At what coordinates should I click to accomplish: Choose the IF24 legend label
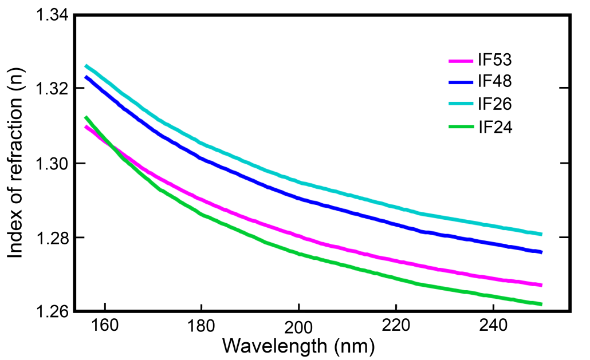point(495,126)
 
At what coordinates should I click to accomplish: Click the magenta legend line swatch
point(461,60)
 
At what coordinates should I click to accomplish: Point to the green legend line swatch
point(461,127)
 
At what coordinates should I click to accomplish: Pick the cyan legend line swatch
point(461,105)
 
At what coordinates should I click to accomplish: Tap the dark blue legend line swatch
point(461,82)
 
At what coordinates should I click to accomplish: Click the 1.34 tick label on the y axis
point(52,15)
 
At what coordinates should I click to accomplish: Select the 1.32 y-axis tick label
point(52,89)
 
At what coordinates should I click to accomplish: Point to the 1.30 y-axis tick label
point(52,164)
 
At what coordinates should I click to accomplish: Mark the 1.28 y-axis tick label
point(52,238)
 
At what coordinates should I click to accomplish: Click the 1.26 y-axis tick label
point(52,312)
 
